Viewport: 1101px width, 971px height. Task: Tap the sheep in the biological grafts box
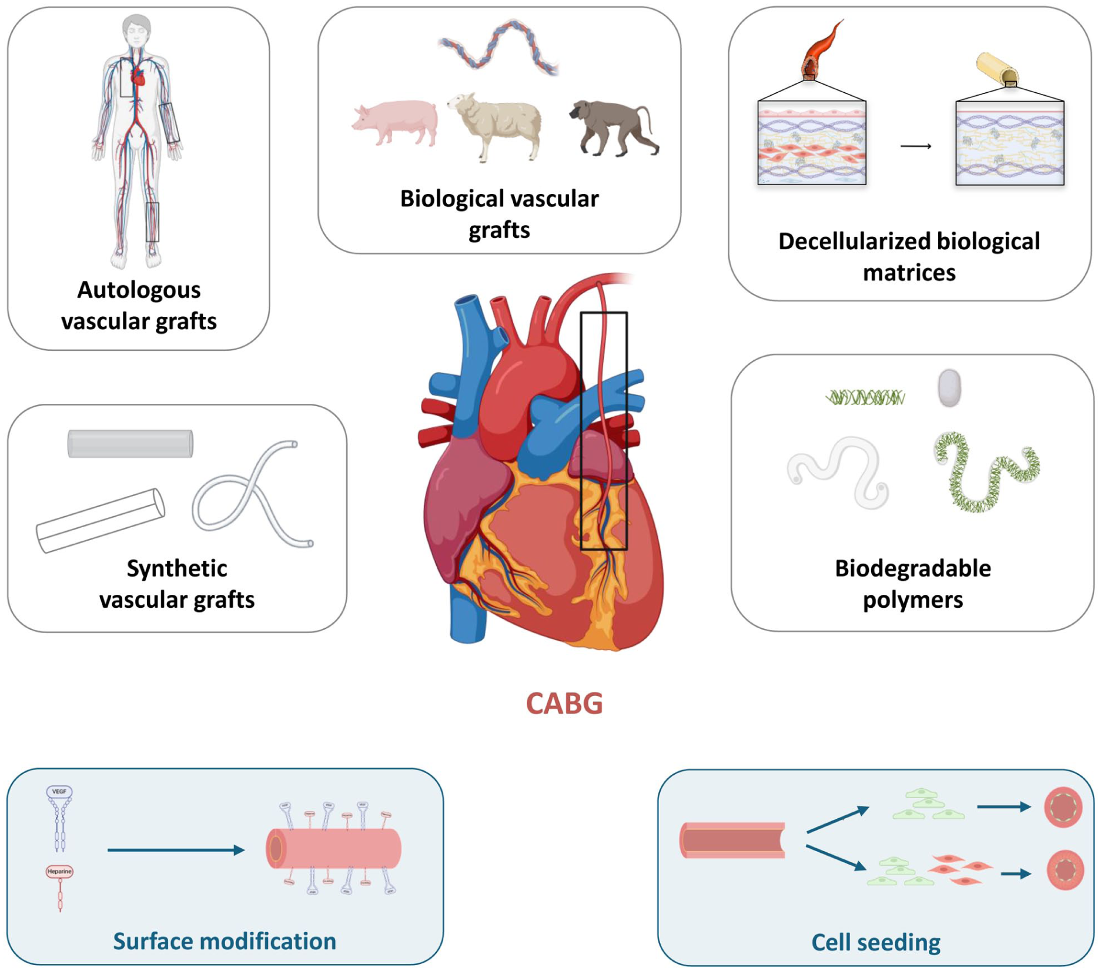497,124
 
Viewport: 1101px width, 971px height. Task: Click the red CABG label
564,704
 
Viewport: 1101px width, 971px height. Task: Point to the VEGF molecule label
59,792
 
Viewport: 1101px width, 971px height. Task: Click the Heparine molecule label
59,872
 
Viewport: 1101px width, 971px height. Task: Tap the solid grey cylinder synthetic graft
130,444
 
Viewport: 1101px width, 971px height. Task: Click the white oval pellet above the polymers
949,388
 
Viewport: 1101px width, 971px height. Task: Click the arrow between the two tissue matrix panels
916,146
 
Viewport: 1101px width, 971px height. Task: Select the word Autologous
139,290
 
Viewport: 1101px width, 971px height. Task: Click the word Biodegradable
912,568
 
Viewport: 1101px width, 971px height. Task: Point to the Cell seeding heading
875,943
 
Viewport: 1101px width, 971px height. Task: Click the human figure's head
137,29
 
